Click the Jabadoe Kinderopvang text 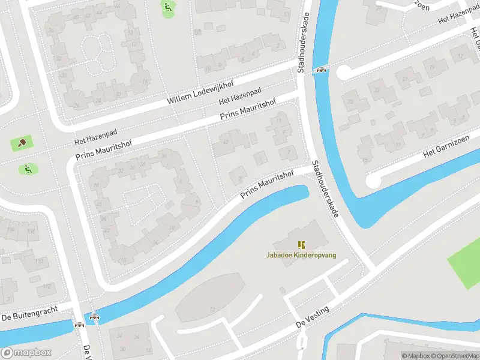301,255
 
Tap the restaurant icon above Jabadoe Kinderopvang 301,245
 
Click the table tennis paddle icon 22,143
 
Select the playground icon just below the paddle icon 28,169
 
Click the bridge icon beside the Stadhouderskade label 322,70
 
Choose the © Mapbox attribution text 413,356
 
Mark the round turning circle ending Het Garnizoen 373,179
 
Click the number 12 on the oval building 212,309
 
